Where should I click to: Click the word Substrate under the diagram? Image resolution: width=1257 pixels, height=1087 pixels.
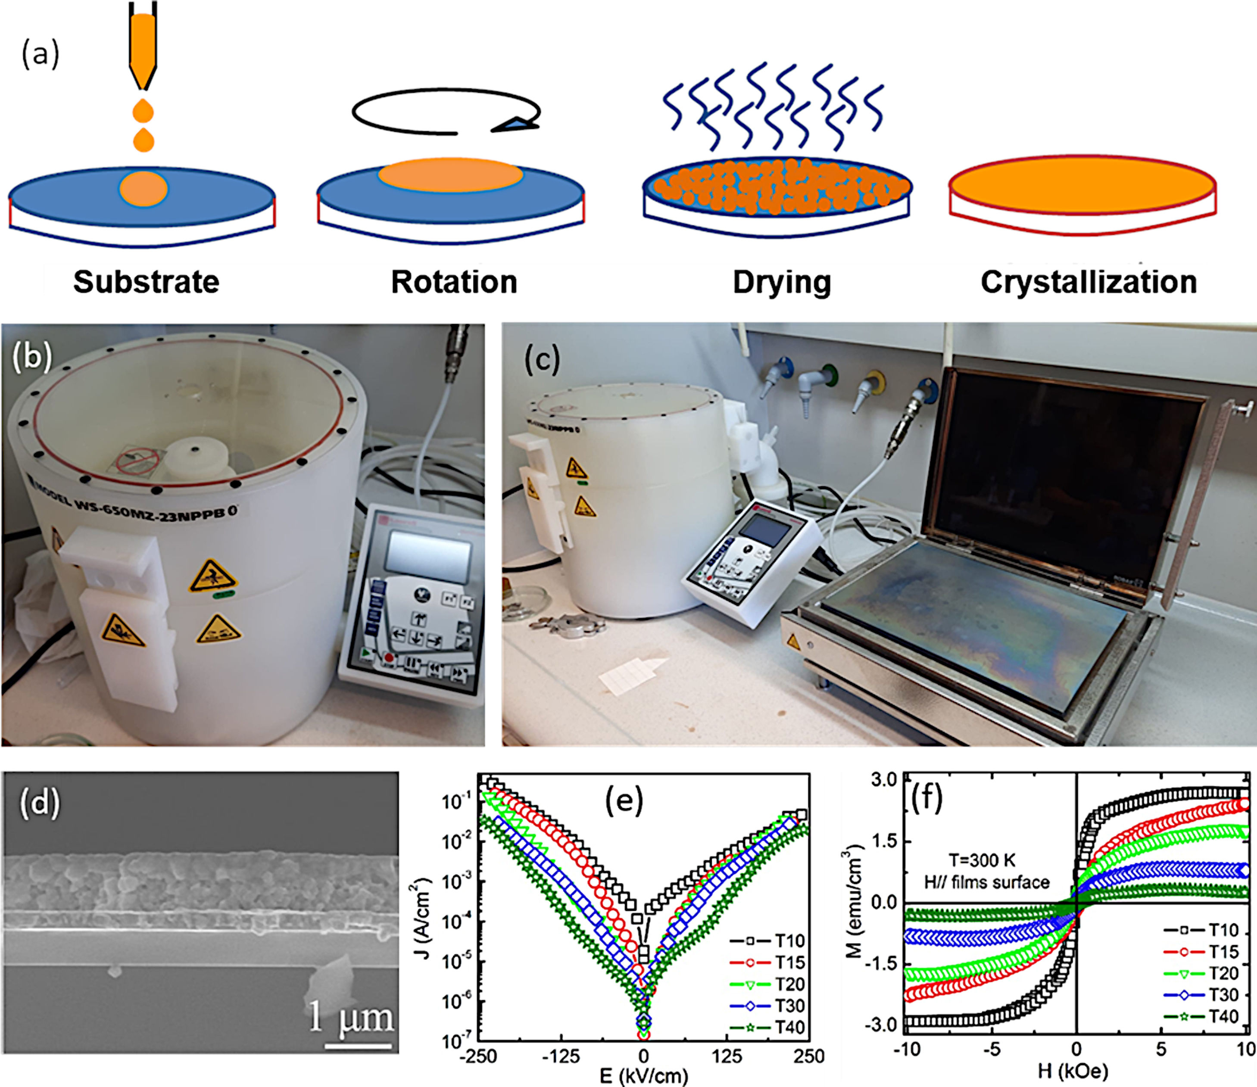tap(146, 282)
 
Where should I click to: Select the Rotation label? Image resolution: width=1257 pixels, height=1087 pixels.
tap(454, 282)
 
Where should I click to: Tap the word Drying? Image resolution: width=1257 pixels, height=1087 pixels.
tap(781, 282)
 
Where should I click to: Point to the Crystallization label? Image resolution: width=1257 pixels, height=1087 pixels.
tap(1089, 282)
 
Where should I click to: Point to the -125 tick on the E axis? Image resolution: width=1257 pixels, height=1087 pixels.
tap(561, 1057)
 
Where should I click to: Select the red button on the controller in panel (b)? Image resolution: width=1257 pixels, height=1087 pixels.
tap(389, 657)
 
